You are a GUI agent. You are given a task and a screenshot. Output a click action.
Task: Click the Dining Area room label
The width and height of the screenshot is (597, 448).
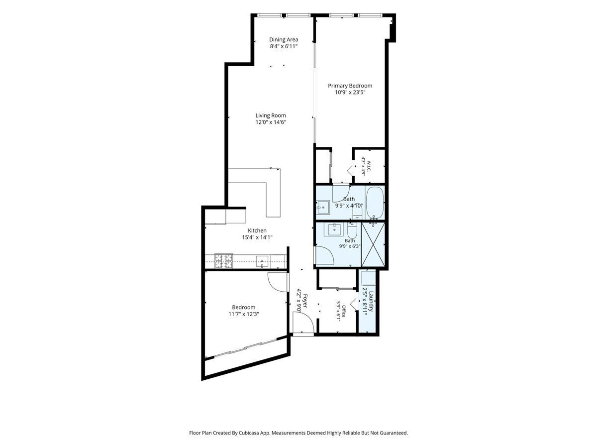[284, 39]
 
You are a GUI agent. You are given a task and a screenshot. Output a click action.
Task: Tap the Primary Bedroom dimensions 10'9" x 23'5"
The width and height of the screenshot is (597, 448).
[350, 93]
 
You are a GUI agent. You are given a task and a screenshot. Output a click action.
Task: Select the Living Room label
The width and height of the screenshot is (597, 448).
[270, 115]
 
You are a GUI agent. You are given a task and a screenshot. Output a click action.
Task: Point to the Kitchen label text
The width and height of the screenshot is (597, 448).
[257, 230]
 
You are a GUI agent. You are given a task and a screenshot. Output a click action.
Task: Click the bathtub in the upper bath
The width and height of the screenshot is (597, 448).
[375, 202]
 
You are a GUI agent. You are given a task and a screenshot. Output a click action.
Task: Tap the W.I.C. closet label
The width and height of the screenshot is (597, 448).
[369, 166]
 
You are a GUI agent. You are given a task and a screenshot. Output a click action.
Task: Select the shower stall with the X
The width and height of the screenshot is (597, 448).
[373, 244]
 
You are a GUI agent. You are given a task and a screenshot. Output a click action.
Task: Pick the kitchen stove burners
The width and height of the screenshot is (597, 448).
[223, 261]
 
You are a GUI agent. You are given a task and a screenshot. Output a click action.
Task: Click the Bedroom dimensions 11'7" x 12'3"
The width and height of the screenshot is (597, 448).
[243, 314]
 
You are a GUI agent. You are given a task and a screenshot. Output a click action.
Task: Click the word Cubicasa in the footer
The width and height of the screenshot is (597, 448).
[250, 433]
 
